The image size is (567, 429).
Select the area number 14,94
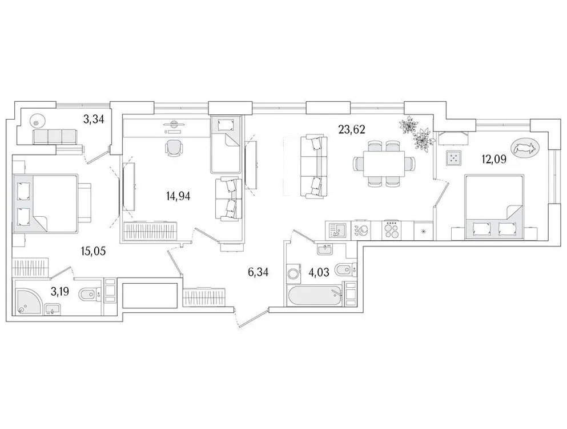tap(178, 196)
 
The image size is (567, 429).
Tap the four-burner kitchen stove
tap(392, 230)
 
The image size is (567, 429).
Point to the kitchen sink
tap(337, 230)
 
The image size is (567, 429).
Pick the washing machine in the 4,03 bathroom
tap(294, 273)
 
